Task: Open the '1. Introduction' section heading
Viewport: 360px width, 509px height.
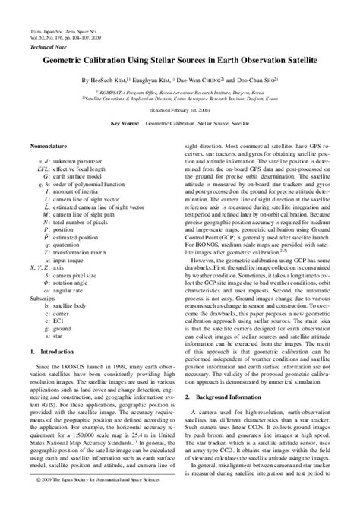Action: point(55,373)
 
